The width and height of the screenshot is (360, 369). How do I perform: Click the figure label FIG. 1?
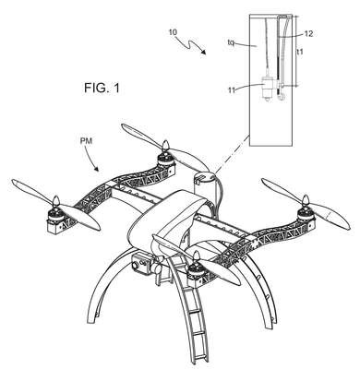[x=102, y=89]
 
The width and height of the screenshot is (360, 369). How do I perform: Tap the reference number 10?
[x=173, y=31]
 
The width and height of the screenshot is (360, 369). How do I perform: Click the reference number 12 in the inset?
[x=308, y=34]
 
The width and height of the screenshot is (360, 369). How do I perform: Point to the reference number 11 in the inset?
[x=232, y=89]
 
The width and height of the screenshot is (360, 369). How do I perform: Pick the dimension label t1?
[x=300, y=52]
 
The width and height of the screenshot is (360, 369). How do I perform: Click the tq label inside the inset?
[x=231, y=42]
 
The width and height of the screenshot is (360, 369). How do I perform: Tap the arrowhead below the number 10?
[x=203, y=52]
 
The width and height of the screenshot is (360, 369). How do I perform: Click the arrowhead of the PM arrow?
[x=96, y=169]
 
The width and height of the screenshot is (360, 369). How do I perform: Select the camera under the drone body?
[x=140, y=263]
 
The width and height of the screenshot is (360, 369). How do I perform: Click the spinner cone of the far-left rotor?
[x=55, y=201]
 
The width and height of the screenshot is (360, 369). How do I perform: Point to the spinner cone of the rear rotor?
[x=166, y=146]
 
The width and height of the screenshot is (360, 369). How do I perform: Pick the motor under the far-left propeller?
[x=55, y=215]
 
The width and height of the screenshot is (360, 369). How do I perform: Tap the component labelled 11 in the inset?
[x=266, y=88]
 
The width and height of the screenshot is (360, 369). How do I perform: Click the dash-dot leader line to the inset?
[x=233, y=153]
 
